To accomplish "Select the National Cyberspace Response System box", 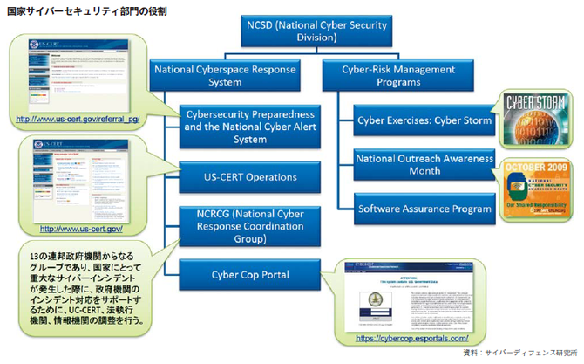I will [225, 76].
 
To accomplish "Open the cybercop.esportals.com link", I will [412, 337].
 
